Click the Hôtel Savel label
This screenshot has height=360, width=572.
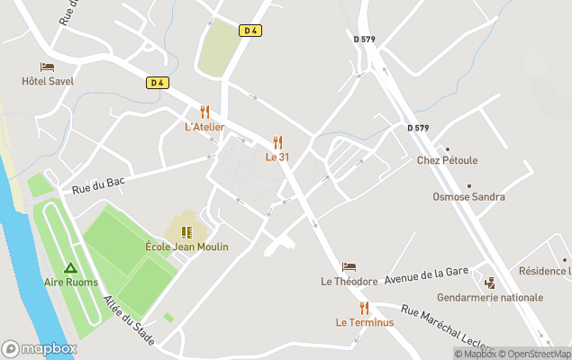(x=48, y=81)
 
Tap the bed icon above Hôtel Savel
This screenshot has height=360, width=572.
(x=48, y=67)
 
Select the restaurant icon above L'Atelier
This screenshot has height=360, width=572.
(x=204, y=112)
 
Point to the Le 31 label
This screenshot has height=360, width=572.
(x=277, y=157)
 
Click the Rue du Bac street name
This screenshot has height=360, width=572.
(x=98, y=184)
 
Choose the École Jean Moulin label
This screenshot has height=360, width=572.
(x=186, y=247)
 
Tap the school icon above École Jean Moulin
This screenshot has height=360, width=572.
(x=186, y=232)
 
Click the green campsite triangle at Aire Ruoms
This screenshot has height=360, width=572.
(x=70, y=267)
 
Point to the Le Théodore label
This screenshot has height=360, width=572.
(x=349, y=282)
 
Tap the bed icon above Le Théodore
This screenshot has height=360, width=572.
(x=349, y=267)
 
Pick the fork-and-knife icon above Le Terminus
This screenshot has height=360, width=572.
(x=364, y=308)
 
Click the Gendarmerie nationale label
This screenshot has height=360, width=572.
(x=489, y=297)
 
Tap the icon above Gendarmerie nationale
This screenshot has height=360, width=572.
(x=489, y=283)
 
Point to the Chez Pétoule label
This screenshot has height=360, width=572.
(x=447, y=161)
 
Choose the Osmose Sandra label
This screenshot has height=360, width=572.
(x=468, y=197)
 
